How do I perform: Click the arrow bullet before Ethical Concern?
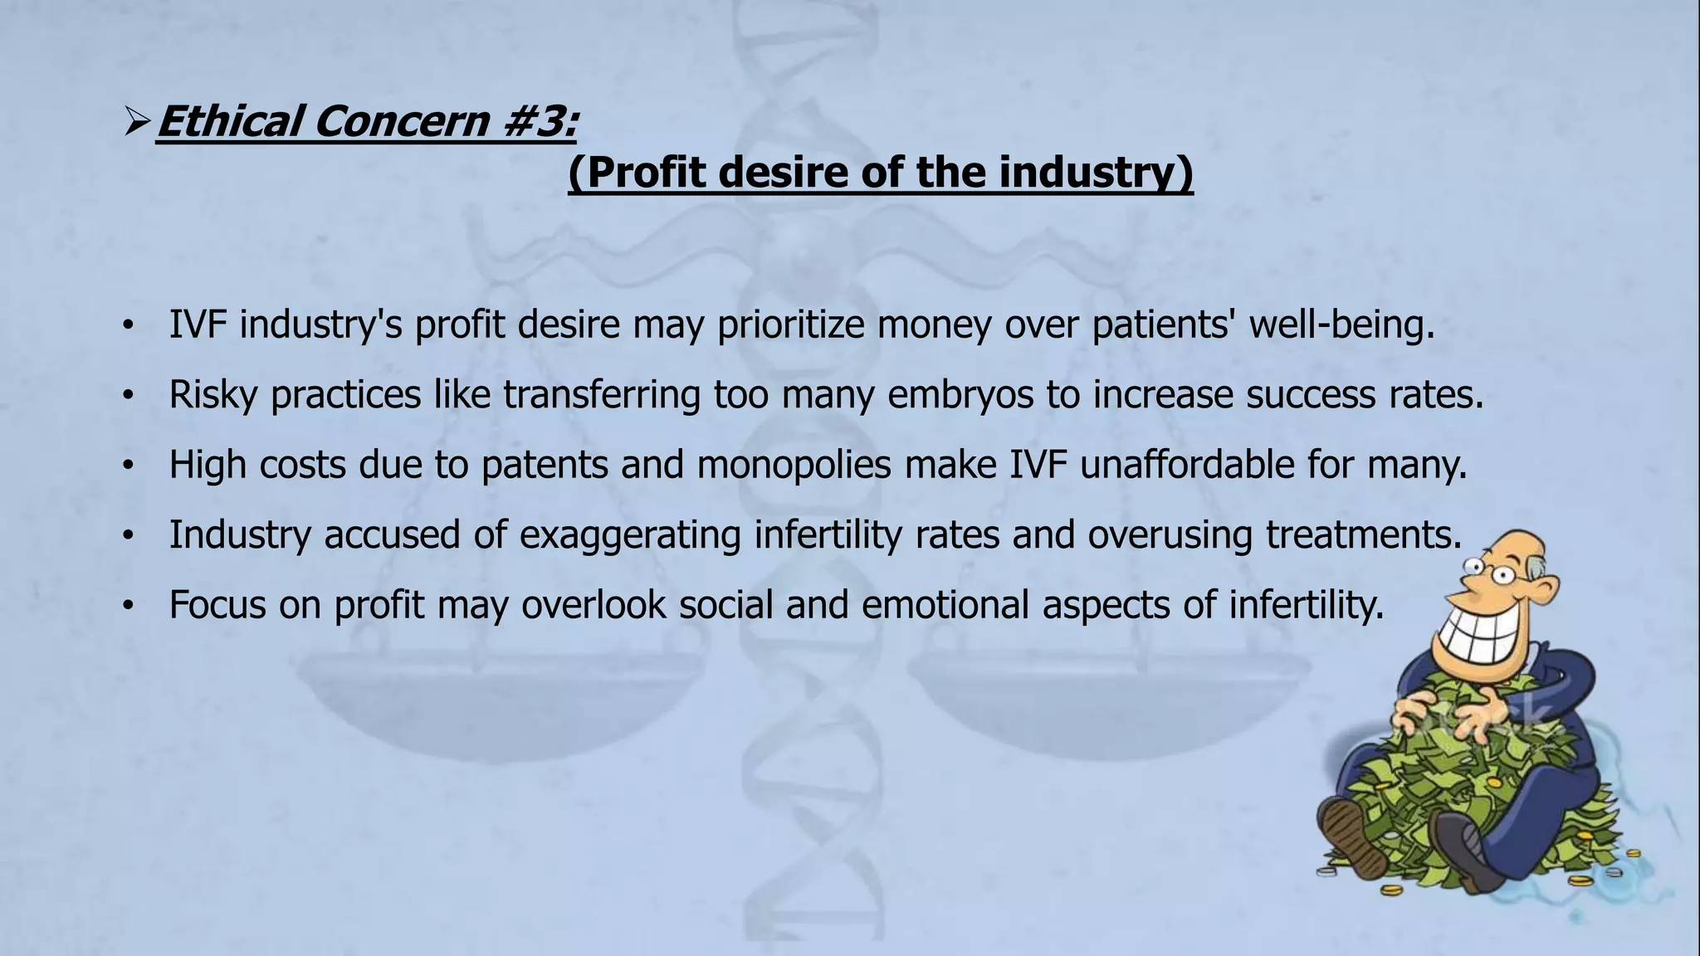coord(135,123)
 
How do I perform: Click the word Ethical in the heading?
coord(231,121)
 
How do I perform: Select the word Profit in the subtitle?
coord(644,173)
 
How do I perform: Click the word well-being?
coord(1341,324)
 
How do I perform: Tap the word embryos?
coord(960,394)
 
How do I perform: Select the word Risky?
coord(213,394)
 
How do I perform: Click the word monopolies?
coord(794,464)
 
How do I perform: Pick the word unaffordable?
coord(1187,464)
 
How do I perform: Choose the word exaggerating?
coord(630,534)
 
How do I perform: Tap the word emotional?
coord(945,604)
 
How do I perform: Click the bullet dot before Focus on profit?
coord(127,607)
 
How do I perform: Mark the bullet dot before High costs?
coord(127,466)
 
